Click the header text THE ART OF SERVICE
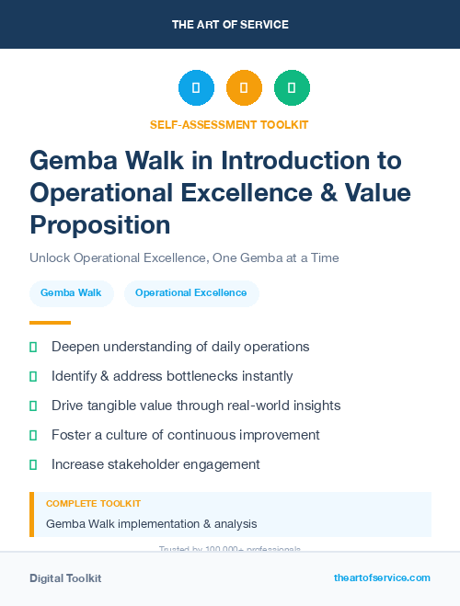point(230,24)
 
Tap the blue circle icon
point(196,87)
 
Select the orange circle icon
point(244,87)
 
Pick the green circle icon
point(292,87)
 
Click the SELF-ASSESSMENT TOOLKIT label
point(229,124)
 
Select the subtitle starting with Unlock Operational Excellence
point(185,258)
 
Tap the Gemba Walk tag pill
point(71,293)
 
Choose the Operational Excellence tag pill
point(191,293)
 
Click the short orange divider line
point(50,323)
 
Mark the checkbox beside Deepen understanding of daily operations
point(33,347)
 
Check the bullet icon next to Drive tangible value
point(33,406)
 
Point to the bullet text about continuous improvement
point(186,435)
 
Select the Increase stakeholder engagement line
point(155,464)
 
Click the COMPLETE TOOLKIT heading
point(94,504)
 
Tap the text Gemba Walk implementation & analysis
point(152,523)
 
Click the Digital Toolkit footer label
point(65,578)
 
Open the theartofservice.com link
point(382,577)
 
